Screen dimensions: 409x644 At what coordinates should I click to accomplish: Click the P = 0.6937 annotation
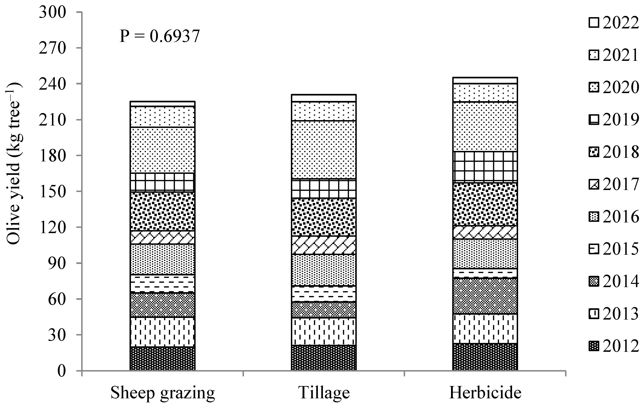coord(160,36)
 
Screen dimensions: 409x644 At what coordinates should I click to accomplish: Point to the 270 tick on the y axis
coord(52,48)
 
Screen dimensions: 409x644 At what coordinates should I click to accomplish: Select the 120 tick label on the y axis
coord(52,227)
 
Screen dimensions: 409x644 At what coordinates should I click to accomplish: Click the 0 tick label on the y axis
coord(61,371)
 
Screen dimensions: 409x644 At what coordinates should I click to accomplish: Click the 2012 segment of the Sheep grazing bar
coord(162,358)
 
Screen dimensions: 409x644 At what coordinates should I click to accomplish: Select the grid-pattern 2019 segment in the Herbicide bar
coord(485,166)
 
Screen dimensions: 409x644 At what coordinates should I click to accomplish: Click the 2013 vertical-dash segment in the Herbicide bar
coord(485,328)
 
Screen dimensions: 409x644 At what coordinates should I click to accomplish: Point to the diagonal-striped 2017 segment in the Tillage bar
coord(324,245)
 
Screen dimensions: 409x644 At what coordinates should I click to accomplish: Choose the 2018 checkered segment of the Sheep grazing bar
coord(162,211)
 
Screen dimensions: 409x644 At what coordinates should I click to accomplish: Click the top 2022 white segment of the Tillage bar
coord(324,98)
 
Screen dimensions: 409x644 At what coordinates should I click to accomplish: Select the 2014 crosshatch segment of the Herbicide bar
coord(485,296)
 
